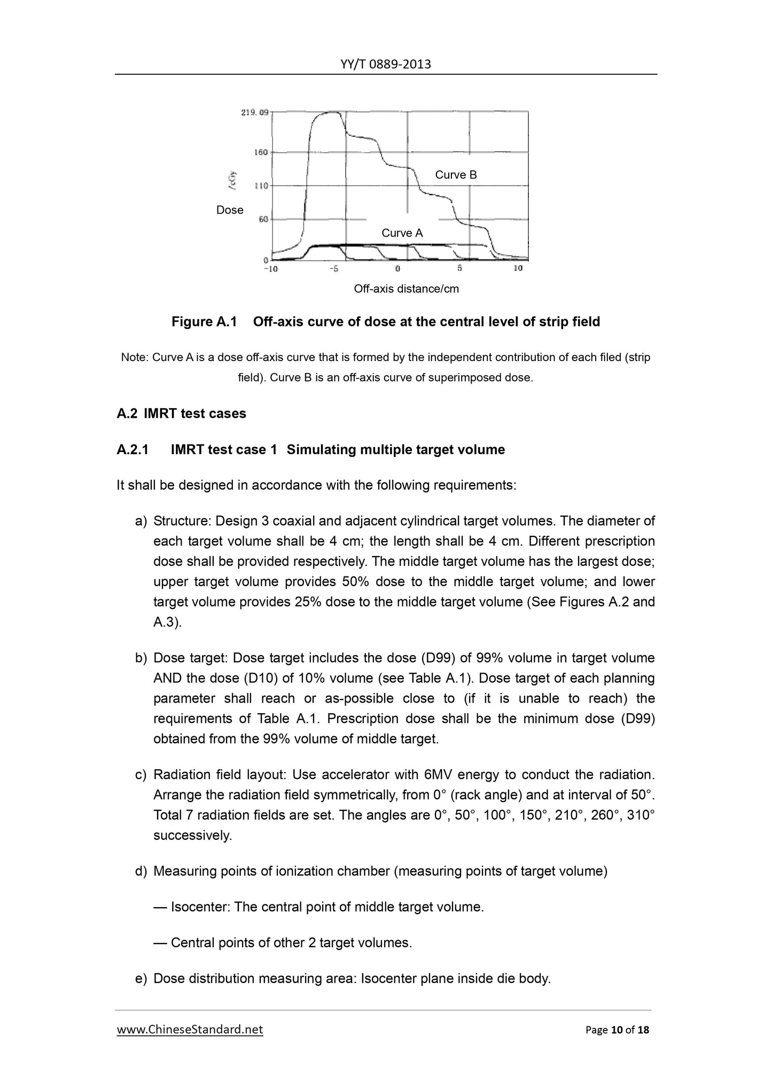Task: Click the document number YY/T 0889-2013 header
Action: pyautogui.click(x=385, y=65)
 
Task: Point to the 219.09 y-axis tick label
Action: pyautogui.click(x=254, y=113)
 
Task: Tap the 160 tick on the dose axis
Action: pyautogui.click(x=260, y=152)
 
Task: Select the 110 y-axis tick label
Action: pyautogui.click(x=260, y=186)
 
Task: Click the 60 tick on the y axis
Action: pyautogui.click(x=263, y=219)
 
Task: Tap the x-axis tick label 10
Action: pyautogui.click(x=518, y=268)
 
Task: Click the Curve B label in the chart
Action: pyautogui.click(x=456, y=175)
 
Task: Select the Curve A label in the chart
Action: pyautogui.click(x=402, y=233)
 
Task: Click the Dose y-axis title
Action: pyautogui.click(x=230, y=210)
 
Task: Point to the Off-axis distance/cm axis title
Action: pyautogui.click(x=406, y=289)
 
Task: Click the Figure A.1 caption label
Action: pyautogui.click(x=204, y=322)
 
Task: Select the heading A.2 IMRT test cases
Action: pyautogui.click(x=181, y=414)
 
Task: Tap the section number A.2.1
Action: pyautogui.click(x=132, y=449)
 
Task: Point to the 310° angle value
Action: pyautogui.click(x=640, y=815)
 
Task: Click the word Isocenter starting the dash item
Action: pyautogui.click(x=200, y=907)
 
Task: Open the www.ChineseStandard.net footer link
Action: pyautogui.click(x=190, y=1029)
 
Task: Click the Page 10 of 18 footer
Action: pyautogui.click(x=617, y=1029)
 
